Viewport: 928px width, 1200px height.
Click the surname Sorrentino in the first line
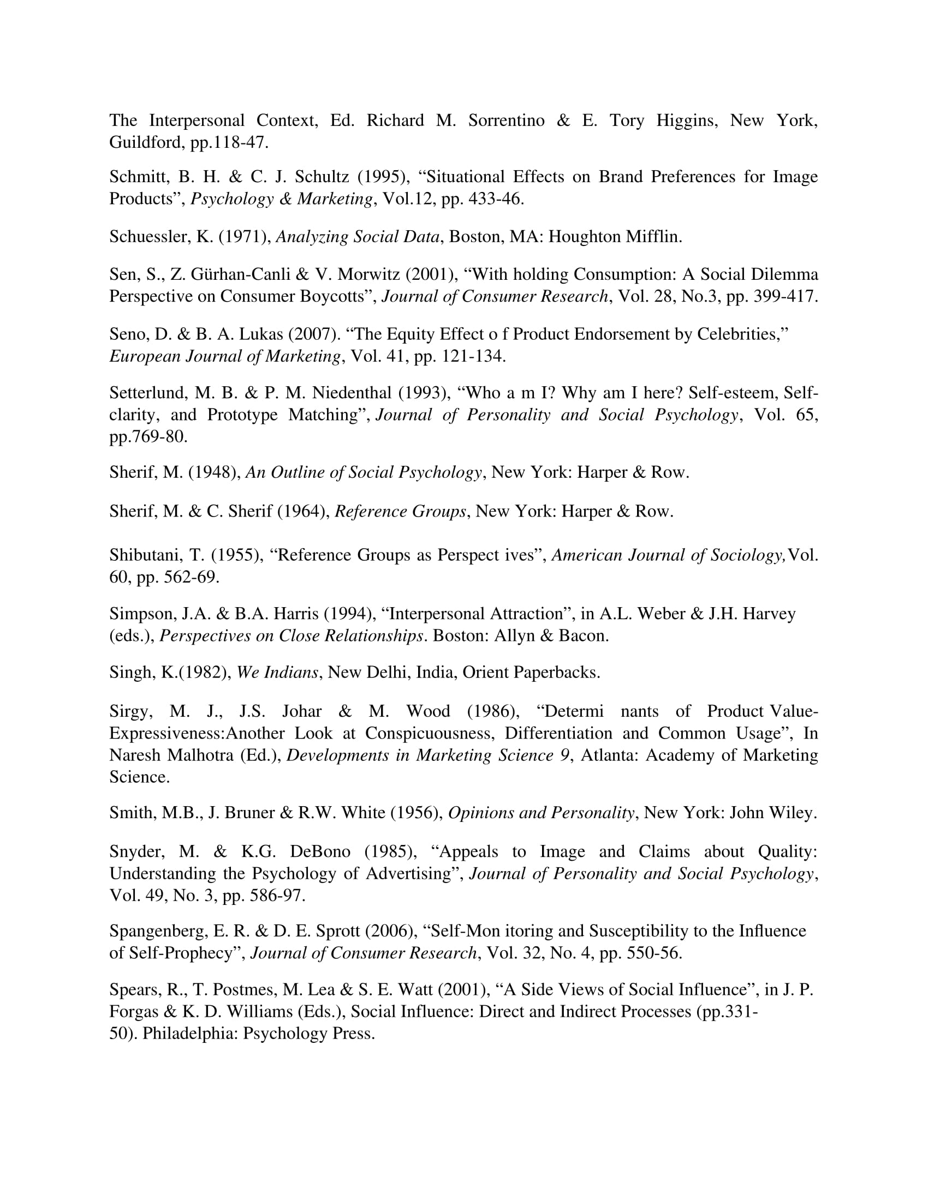[x=506, y=121]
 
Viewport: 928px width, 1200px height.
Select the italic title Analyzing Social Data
[x=358, y=237]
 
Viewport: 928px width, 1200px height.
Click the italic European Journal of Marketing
[x=225, y=357]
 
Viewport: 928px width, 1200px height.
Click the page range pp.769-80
[x=148, y=437]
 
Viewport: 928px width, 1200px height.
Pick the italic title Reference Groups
[x=400, y=512]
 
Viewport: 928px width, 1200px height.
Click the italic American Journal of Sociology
[x=669, y=555]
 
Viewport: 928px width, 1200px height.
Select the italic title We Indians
[x=277, y=673]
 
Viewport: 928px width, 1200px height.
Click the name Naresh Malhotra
[x=171, y=755]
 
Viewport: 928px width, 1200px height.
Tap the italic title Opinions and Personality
[x=541, y=813]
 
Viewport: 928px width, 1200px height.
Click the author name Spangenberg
[x=155, y=931]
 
